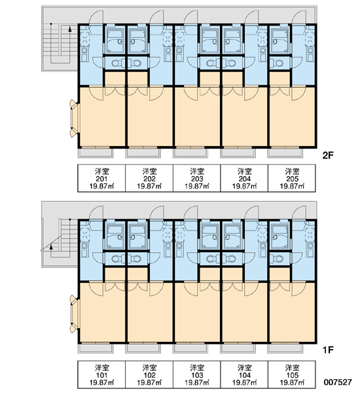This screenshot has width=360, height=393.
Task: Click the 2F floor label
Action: pyautogui.click(x=328, y=156)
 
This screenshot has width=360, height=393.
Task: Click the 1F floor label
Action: pyautogui.click(x=328, y=349)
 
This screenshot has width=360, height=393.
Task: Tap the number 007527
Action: pyautogui.click(x=338, y=383)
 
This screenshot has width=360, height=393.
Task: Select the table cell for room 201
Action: pyautogui.click(x=101, y=178)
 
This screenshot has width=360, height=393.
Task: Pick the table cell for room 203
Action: pyautogui.click(x=196, y=178)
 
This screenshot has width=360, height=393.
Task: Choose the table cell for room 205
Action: pyautogui.click(x=292, y=178)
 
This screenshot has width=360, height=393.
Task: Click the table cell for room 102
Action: pyautogui.click(x=149, y=375)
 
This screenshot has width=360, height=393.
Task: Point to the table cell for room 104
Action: pyautogui.click(x=244, y=375)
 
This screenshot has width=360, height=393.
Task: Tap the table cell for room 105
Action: pyautogui.click(x=292, y=375)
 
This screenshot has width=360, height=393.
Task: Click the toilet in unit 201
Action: pyautogui.click(x=117, y=63)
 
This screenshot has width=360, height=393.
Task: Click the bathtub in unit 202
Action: pyautogui.click(x=137, y=41)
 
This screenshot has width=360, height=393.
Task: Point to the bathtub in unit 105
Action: pyautogui.click(x=280, y=236)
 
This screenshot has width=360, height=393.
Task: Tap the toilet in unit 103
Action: pyautogui.click(x=212, y=259)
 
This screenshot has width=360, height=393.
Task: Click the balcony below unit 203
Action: pyautogui.click(x=190, y=153)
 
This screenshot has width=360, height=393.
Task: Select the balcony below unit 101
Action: pyautogui.click(x=96, y=348)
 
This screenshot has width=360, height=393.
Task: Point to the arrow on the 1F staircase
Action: pyautogui.click(x=51, y=247)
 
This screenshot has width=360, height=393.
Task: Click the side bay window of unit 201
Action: pyautogui.click(x=74, y=119)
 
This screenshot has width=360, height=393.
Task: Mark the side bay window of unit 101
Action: pyautogui.click(x=74, y=314)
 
